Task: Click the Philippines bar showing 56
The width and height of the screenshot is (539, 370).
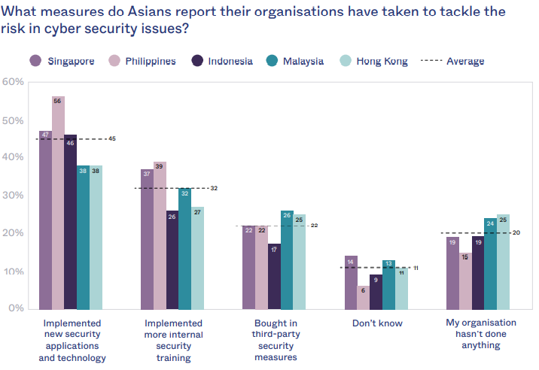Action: coord(58,203)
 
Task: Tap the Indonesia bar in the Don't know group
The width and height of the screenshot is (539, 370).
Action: coord(377,292)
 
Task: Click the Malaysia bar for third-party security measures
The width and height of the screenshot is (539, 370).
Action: coord(287,259)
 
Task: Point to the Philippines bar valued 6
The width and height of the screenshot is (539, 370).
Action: coord(364,297)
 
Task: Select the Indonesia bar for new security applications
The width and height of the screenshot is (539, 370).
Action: coord(70,222)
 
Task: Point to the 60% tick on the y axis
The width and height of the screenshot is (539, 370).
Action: coord(13,81)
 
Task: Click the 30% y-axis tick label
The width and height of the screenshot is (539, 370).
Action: coord(13,195)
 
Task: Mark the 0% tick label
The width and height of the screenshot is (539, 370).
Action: coord(15,308)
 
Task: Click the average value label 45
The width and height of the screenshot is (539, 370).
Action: coord(111,139)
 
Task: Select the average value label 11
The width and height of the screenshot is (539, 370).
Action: coord(416,268)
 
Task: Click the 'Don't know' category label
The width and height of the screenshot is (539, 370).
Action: coord(377,323)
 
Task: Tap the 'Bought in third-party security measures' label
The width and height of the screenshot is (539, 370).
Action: coord(275,340)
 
